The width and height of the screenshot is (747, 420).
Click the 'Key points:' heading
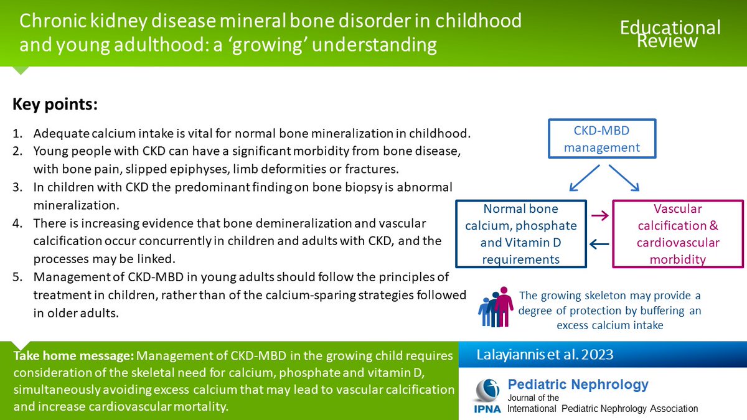[x=55, y=105]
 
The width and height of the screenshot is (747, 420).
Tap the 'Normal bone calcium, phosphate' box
[x=520, y=234]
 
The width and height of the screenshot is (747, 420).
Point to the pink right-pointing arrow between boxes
[x=599, y=217]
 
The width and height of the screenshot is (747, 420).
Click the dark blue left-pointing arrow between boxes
[x=599, y=245]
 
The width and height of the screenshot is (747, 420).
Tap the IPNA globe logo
[x=487, y=389]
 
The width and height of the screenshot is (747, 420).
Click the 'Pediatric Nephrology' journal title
[x=578, y=385]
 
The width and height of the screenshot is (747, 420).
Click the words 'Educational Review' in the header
[x=669, y=34]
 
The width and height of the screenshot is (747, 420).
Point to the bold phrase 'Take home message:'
[x=73, y=357]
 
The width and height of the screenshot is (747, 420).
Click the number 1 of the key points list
[x=17, y=134]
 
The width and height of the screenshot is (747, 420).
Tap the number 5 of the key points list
[x=17, y=277]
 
